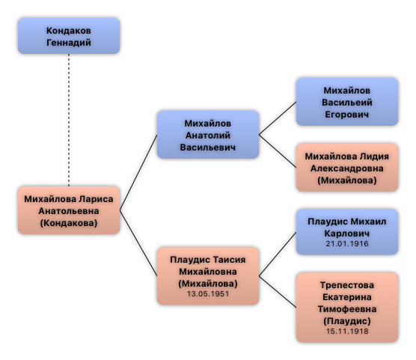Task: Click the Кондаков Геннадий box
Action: [69, 36]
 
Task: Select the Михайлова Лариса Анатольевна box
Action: [69, 210]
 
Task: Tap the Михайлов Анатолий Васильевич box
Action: [208, 135]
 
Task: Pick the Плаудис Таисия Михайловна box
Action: [208, 276]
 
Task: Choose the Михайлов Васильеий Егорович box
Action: [347, 102]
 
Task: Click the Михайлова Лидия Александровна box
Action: [347, 168]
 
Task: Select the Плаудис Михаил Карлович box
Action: [347, 232]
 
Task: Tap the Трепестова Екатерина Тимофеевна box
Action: [347, 308]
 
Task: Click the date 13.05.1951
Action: [208, 294]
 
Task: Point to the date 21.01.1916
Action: [347, 244]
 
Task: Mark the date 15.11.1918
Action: [347, 332]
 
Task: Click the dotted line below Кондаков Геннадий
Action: [69, 120]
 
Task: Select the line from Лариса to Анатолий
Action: [138, 173]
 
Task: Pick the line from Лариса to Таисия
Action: [138, 243]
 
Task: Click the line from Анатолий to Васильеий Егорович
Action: [278, 118]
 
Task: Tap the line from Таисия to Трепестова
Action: [278, 292]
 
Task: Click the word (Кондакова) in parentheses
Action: [69, 223]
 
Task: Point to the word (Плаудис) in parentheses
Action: [347, 321]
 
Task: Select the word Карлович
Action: [347, 234]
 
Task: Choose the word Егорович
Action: [347, 115]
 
